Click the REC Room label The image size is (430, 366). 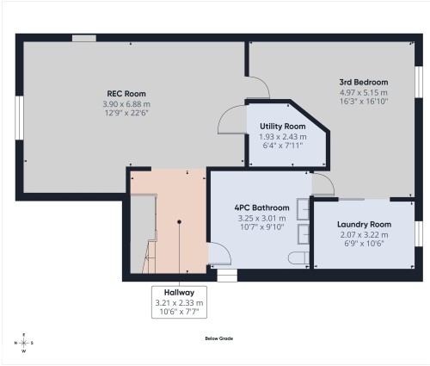126,94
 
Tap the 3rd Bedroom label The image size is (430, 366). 364,82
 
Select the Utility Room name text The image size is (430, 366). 283,126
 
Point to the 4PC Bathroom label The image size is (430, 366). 261,208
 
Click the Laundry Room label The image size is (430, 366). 364,225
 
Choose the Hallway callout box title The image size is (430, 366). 179,292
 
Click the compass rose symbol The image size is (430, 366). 24,343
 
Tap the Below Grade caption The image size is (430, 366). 218,338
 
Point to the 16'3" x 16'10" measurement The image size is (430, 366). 364,101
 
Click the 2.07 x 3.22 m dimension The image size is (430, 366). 364,234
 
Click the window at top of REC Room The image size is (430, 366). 83,38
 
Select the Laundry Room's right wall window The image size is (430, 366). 419,233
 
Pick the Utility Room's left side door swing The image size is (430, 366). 231,121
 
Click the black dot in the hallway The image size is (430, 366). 179,222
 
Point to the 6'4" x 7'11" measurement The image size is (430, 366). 283,145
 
